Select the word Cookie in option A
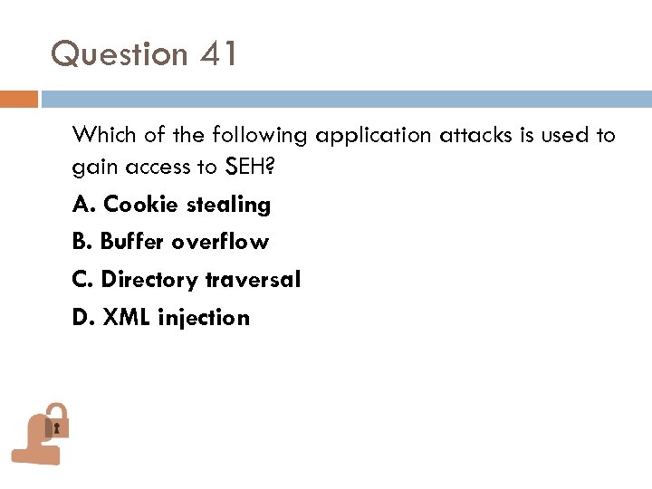coord(141,205)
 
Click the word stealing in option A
coord(228,206)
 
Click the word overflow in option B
coord(220,243)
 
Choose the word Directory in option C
coord(149,281)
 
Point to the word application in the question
coord(374,137)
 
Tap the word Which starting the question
coord(101,136)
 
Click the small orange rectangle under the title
coord(19,99)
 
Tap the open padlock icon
coord(42,433)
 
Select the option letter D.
coord(81,318)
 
